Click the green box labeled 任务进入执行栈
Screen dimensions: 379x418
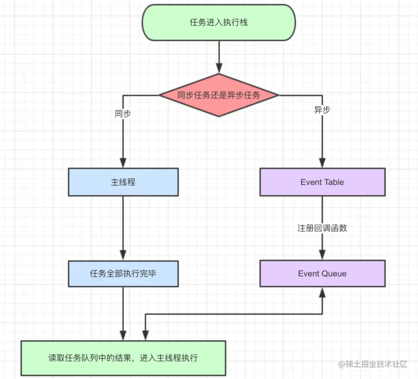pos(219,22)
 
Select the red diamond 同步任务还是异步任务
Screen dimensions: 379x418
pos(219,95)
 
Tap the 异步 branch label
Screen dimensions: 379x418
pos(322,110)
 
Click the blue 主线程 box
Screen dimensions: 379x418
pos(123,182)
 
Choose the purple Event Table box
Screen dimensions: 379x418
pos(322,182)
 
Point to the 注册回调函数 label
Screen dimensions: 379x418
pos(322,228)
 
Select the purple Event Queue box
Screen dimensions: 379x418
pos(322,273)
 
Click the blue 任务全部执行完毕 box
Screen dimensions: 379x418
pos(123,273)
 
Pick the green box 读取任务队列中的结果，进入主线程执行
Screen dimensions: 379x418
pos(123,358)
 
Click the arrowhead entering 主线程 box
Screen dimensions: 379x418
pos(123,163)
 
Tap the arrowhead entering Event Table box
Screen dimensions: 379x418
pos(322,163)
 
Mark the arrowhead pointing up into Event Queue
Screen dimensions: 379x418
pos(322,292)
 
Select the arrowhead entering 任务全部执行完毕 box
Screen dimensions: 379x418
pos(123,256)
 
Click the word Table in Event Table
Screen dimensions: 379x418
pos(334,182)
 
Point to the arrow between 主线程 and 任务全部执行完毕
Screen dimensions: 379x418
pos(123,224)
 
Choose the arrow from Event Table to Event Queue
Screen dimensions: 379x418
pos(322,211)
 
